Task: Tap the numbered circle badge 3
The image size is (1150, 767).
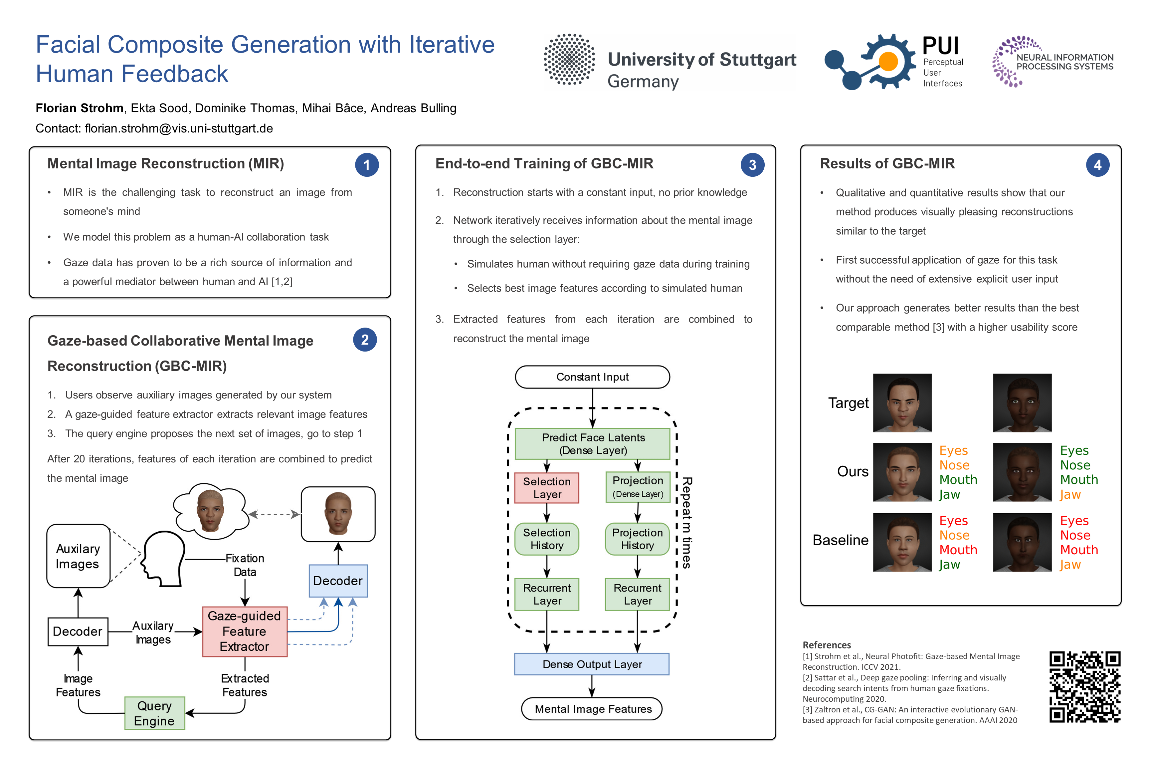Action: tap(752, 165)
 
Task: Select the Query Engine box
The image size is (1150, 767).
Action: tap(154, 713)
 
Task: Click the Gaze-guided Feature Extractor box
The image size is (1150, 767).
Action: tap(245, 631)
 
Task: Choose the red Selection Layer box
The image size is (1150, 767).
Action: tap(547, 488)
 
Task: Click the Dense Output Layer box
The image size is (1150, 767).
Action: tap(592, 664)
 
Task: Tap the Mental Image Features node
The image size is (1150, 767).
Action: tap(592, 709)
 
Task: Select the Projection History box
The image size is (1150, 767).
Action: tap(637, 539)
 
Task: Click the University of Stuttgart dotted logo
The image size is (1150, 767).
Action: tap(570, 60)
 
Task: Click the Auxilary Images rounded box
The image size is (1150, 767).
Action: tap(78, 556)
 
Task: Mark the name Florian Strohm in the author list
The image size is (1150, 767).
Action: tap(79, 108)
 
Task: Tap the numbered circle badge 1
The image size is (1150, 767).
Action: tap(366, 165)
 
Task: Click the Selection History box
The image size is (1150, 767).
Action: tap(547, 539)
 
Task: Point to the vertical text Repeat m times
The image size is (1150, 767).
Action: tap(686, 522)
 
